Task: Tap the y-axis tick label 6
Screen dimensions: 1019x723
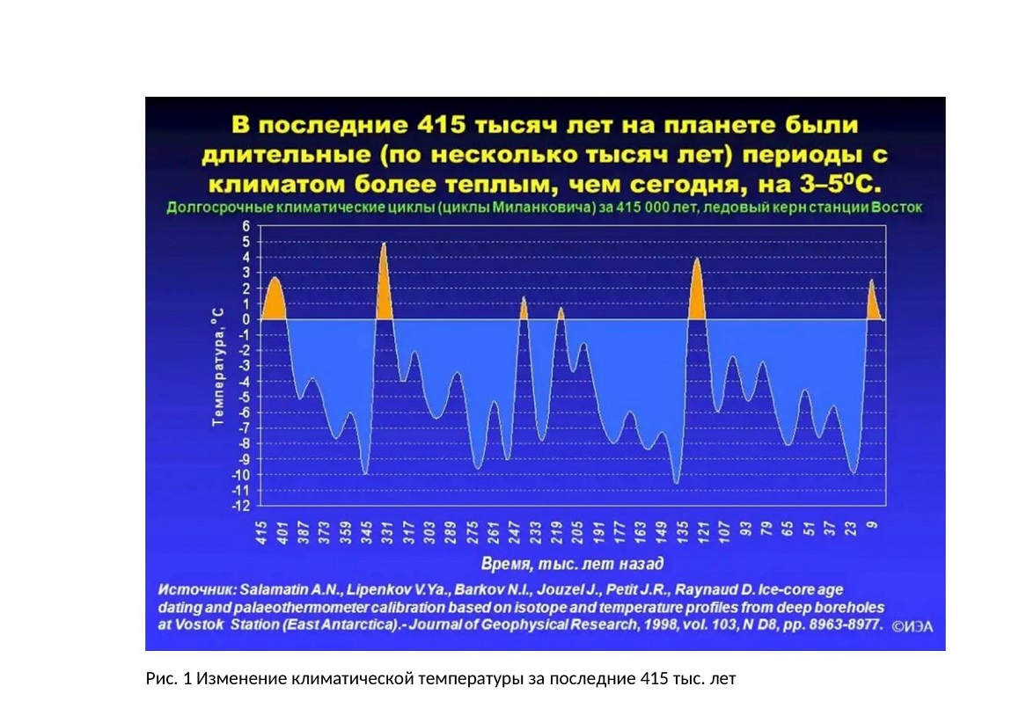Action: click(246, 226)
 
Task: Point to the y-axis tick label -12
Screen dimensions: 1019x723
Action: click(241, 506)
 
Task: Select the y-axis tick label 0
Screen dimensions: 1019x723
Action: click(246, 319)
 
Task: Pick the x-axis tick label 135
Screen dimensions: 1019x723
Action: click(682, 533)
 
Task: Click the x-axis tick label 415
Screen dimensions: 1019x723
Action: click(262, 533)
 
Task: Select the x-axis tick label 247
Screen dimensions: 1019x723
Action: click(514, 533)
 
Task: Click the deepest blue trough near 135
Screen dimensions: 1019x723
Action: click(677, 482)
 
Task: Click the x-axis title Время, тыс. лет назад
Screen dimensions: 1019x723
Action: click(572, 563)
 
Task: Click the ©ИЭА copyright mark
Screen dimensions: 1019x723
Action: click(913, 627)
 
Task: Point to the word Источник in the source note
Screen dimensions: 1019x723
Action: click(197, 590)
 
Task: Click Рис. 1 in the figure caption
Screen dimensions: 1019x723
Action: click(168, 679)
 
